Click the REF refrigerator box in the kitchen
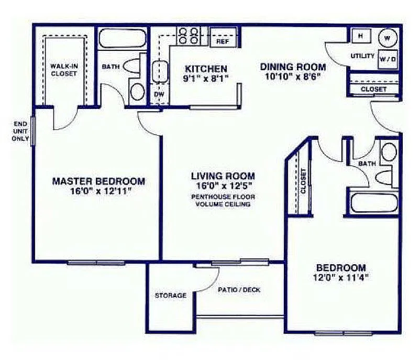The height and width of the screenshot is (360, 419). [x=223, y=41]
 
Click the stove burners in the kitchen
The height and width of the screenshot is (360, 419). [x=189, y=36]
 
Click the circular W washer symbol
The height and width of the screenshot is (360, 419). [x=388, y=38]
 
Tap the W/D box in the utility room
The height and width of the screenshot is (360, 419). [x=388, y=59]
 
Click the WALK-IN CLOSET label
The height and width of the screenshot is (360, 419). [x=63, y=70]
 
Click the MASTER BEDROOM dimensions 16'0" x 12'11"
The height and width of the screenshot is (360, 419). [x=98, y=192]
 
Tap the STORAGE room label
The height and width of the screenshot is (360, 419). [x=170, y=296]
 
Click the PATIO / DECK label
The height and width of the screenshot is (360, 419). [x=239, y=290]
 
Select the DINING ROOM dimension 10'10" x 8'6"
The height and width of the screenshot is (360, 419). [x=293, y=77]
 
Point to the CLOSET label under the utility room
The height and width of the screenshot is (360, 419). [x=374, y=89]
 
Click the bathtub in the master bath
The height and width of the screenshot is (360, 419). [x=123, y=38]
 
